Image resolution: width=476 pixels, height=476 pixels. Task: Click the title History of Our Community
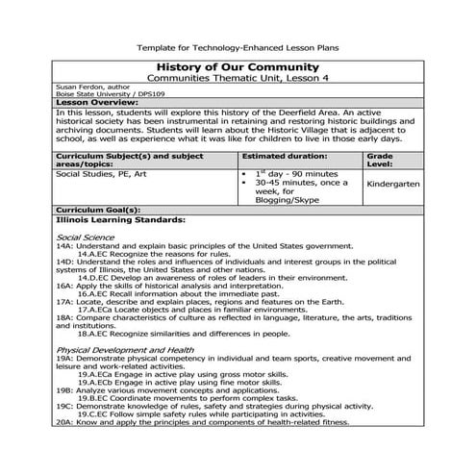pyautogui.click(x=237, y=64)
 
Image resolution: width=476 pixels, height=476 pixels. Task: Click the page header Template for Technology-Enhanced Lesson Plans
pyautogui.click(x=238, y=45)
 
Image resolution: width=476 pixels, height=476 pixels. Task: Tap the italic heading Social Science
pyautogui.click(x=85, y=237)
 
